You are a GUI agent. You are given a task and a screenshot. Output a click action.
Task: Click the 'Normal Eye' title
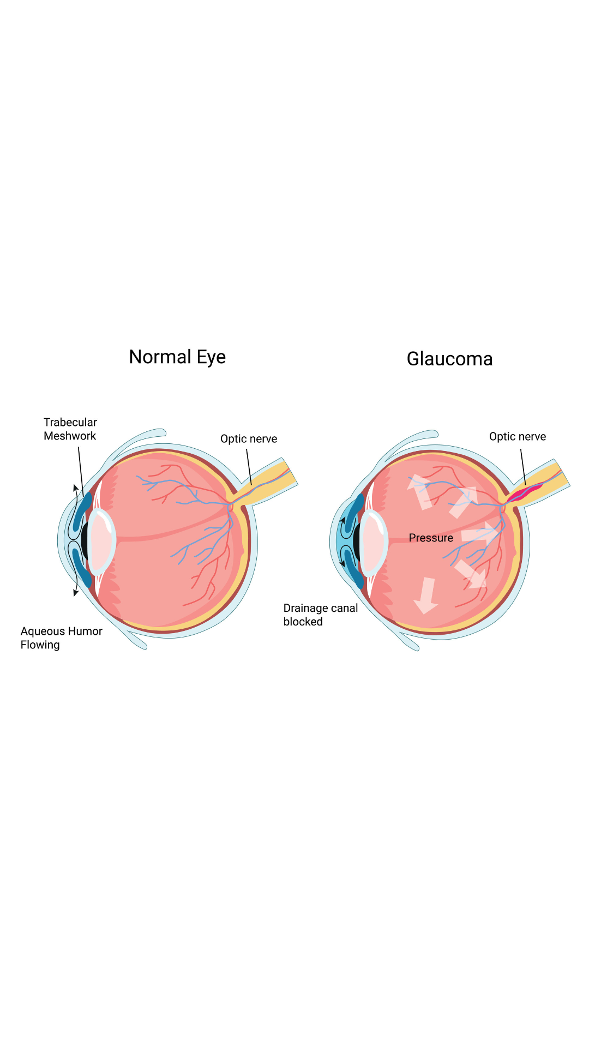coord(177,357)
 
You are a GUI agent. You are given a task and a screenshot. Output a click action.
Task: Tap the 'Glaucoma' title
coord(449,359)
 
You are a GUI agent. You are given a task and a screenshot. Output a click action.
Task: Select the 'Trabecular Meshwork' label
coord(70,429)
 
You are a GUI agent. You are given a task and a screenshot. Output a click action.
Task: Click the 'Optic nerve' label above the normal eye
coord(249,439)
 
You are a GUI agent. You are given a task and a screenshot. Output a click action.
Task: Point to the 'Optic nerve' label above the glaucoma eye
coord(517,437)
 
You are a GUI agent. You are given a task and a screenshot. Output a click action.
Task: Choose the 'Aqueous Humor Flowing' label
coord(61,638)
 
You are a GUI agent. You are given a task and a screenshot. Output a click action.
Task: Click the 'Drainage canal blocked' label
coord(320,615)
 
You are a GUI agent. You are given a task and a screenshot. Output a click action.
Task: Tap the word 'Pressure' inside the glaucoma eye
coord(431,538)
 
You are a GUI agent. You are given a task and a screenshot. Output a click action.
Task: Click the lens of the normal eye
coord(102,541)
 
